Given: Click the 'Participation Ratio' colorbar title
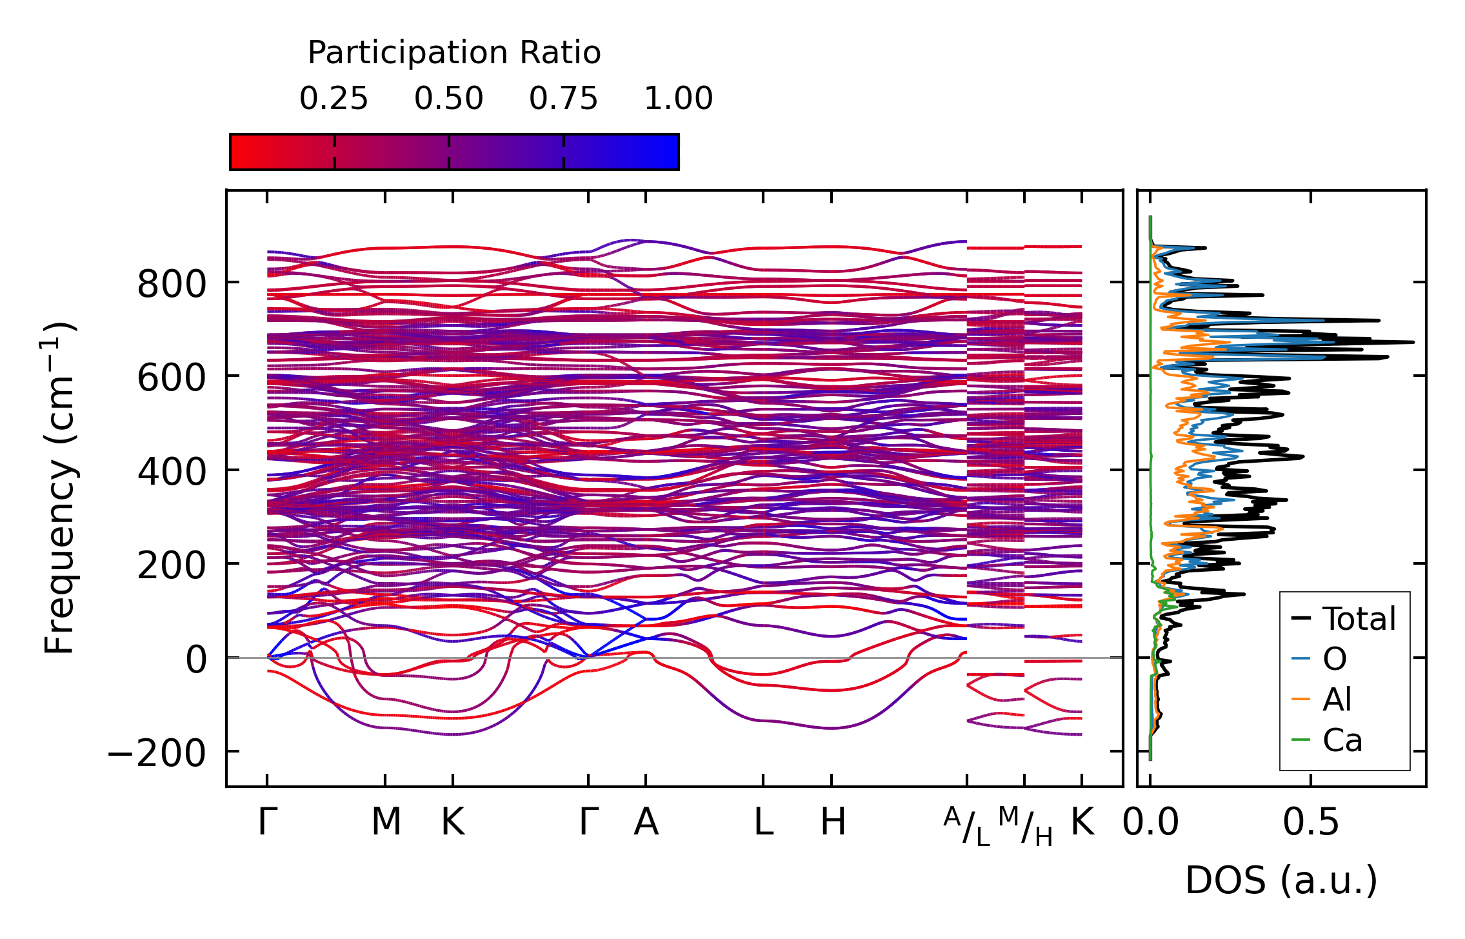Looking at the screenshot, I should click(454, 53).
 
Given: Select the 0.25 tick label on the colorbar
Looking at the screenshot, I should click(334, 99).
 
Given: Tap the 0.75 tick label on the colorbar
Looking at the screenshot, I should click(563, 99).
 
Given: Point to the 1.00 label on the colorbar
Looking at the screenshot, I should click(679, 99).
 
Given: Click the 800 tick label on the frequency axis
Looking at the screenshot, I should click(172, 284).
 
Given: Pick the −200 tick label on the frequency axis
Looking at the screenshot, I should click(156, 753).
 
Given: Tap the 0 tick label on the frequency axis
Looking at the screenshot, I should click(196, 660).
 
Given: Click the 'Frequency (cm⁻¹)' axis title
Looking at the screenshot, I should click(59, 488).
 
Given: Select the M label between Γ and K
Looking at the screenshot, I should click(386, 822).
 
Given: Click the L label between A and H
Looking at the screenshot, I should click(764, 822).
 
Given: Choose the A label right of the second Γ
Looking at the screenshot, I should click(646, 822).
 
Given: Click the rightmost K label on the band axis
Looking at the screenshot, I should click(1082, 822).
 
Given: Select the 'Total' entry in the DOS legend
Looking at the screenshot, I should click(1359, 619).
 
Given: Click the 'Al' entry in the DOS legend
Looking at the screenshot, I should click(1337, 700).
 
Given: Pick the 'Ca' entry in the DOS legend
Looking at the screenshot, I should click(1342, 740).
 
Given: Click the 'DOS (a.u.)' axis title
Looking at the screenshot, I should click(1281, 880).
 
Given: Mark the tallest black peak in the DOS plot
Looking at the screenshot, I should click(1413, 342).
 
